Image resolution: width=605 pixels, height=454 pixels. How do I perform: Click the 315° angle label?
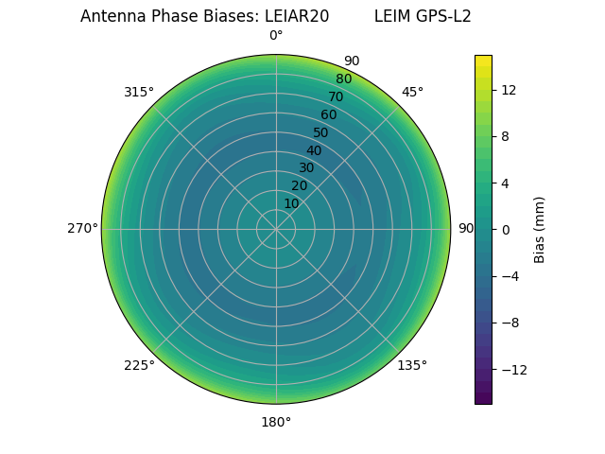[139, 92]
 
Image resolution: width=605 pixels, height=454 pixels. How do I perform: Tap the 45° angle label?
[412, 92]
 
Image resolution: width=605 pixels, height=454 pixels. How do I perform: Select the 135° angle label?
[412, 365]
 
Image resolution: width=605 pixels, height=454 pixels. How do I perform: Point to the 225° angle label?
[139, 365]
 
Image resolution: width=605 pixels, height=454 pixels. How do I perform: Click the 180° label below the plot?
[276, 422]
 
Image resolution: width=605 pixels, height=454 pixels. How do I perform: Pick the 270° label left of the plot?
[82, 228]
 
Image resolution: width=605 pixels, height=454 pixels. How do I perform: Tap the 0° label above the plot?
[276, 36]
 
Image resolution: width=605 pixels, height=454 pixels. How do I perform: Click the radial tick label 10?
[291, 203]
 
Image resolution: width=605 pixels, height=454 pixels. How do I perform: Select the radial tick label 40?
[314, 150]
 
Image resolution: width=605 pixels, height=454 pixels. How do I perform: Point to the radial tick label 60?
[328, 114]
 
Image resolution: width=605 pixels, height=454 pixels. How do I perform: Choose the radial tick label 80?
[343, 79]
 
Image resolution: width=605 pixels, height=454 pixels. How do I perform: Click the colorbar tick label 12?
[508, 90]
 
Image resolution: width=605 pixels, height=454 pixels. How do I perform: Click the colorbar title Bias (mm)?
[540, 229]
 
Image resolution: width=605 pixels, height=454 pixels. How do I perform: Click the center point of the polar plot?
[276, 229]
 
